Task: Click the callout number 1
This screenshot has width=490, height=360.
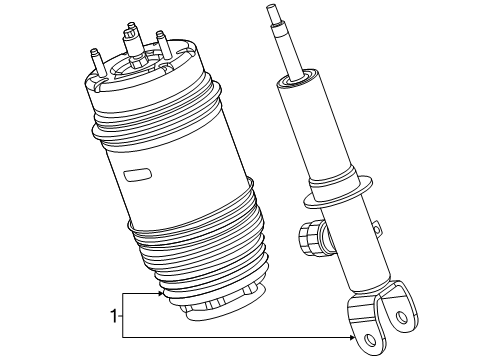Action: pos(112,317)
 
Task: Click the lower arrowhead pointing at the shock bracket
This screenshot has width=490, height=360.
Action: pos(355,339)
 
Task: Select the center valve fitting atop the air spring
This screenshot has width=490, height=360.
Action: pos(133,43)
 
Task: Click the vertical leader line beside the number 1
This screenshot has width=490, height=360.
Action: pos(122,317)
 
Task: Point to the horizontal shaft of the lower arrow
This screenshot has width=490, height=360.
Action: pos(240,339)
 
